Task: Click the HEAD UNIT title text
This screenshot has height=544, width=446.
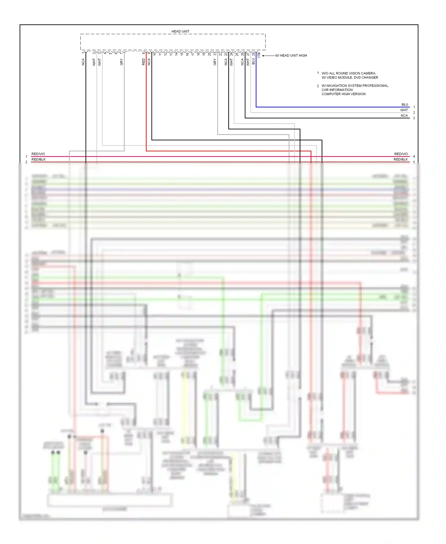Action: click(180, 31)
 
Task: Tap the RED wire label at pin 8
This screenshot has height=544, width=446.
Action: click(144, 61)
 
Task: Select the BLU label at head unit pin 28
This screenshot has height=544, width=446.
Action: click(253, 61)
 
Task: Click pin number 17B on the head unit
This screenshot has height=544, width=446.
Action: click(259, 55)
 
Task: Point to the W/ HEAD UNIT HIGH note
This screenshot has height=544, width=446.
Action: click(291, 56)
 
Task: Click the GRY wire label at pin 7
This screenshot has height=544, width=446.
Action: click(121, 62)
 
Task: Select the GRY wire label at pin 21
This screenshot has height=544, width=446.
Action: click(215, 62)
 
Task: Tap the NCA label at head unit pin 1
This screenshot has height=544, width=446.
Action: click(83, 62)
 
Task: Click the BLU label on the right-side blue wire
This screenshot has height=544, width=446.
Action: click(405, 105)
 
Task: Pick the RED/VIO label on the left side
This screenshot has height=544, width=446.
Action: click(38, 154)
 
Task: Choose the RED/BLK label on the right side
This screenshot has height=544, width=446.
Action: click(401, 160)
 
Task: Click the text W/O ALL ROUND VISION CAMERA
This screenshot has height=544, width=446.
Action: click(348, 73)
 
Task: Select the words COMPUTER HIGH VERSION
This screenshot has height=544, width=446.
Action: click(343, 94)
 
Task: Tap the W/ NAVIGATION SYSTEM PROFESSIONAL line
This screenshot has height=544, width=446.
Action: click(355, 86)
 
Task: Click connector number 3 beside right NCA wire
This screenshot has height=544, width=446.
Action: click(414, 118)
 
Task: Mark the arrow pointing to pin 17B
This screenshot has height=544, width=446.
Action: click(268, 56)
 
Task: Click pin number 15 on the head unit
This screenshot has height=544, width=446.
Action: click(182, 54)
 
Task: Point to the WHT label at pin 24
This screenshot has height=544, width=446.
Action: click(231, 62)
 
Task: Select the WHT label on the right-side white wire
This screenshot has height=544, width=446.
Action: click(404, 110)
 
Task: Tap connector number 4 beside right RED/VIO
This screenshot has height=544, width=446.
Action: click(414, 156)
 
